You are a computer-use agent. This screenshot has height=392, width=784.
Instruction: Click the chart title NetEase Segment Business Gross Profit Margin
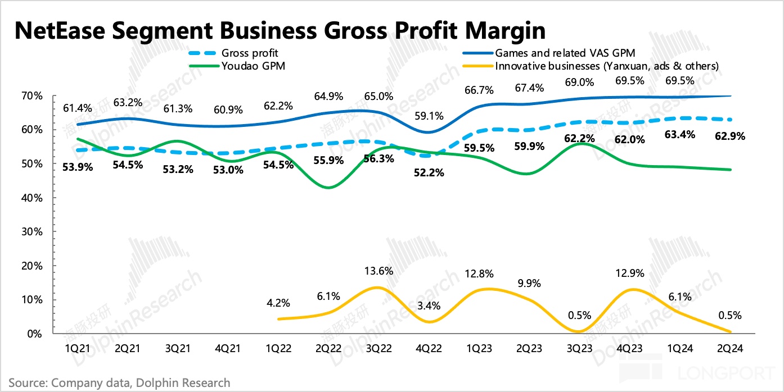pyautogui.click(x=280, y=30)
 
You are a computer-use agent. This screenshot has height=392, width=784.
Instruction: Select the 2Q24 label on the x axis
pyautogui.click(x=731, y=349)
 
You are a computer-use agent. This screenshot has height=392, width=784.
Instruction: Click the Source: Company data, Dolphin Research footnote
pyautogui.click(x=119, y=383)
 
